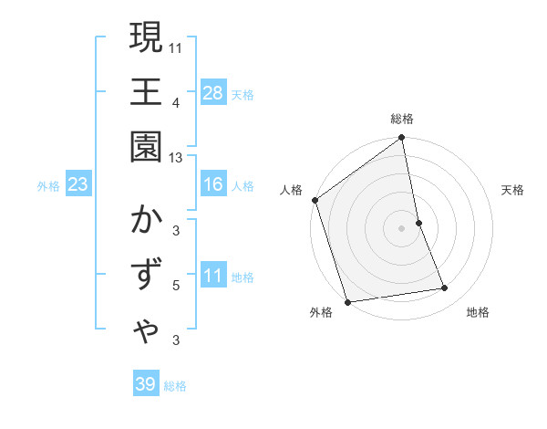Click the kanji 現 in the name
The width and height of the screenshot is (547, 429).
[x=146, y=38]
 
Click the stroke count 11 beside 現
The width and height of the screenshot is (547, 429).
[x=177, y=47]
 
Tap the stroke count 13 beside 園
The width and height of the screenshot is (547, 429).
[x=177, y=158]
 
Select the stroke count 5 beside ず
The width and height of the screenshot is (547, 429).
[x=176, y=286]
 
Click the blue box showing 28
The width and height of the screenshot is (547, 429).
[x=213, y=92]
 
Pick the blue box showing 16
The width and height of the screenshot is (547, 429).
[x=213, y=184]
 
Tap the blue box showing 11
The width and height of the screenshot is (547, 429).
[x=213, y=276]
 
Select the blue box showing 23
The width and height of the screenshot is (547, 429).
[x=78, y=184]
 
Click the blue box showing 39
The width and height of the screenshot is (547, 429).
[x=146, y=384]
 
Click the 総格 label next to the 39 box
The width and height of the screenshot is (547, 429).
[x=175, y=386]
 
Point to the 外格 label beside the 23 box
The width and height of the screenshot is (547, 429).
[x=48, y=186]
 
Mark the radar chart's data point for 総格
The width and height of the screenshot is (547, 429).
[x=402, y=139]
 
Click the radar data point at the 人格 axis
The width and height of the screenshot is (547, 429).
[x=315, y=200]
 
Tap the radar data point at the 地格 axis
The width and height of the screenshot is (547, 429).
[x=445, y=288]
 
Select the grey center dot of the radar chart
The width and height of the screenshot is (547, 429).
[x=402, y=227]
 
